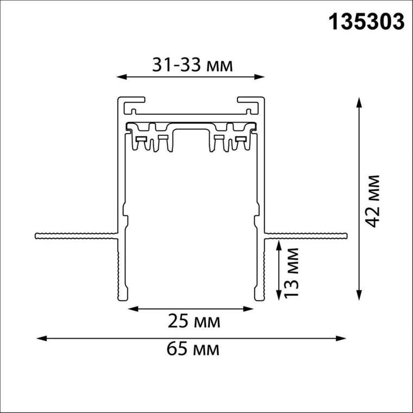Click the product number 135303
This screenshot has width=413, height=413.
click(366, 22)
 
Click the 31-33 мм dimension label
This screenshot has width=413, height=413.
click(192, 65)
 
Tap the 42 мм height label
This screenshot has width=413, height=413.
click(373, 201)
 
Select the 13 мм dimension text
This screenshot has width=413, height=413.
click(292, 272)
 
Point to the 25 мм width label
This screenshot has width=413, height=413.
click(194, 321)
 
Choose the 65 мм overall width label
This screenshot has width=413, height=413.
click(193, 349)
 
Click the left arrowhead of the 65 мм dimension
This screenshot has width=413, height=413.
click(42, 339)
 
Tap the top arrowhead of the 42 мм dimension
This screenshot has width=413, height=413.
click(359, 103)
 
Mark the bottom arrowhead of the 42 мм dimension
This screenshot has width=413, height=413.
click(359, 295)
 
